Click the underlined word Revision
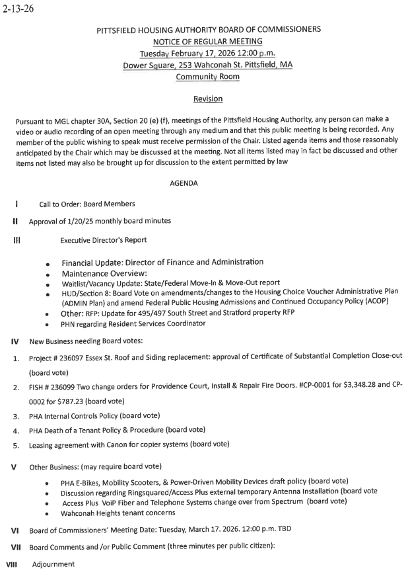point(208,99)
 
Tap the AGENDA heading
point(184,183)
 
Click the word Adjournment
point(53,564)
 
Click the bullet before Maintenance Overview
point(48,274)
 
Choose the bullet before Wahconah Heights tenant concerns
point(48,513)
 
